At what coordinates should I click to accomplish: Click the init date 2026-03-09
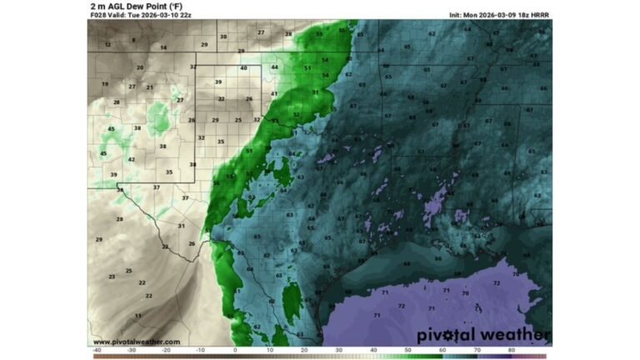tap(497, 15)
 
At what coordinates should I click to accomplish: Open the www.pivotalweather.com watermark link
tap(136, 342)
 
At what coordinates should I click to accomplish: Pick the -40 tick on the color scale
tap(97, 350)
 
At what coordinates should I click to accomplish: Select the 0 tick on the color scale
tap(235, 350)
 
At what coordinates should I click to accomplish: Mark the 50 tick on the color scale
tap(407, 350)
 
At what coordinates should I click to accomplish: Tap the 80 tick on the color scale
tap(510, 350)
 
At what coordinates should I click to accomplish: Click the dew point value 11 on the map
tap(137, 316)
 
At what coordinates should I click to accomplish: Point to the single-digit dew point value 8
tap(133, 39)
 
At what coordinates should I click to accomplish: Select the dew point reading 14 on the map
tap(163, 47)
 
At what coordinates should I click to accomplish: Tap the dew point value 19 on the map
tap(105, 84)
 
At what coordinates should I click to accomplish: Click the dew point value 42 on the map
tap(131, 159)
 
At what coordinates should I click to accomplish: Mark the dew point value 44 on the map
tap(274, 67)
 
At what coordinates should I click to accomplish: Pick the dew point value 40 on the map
tap(243, 67)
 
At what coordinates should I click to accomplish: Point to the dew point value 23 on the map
tap(112, 276)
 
